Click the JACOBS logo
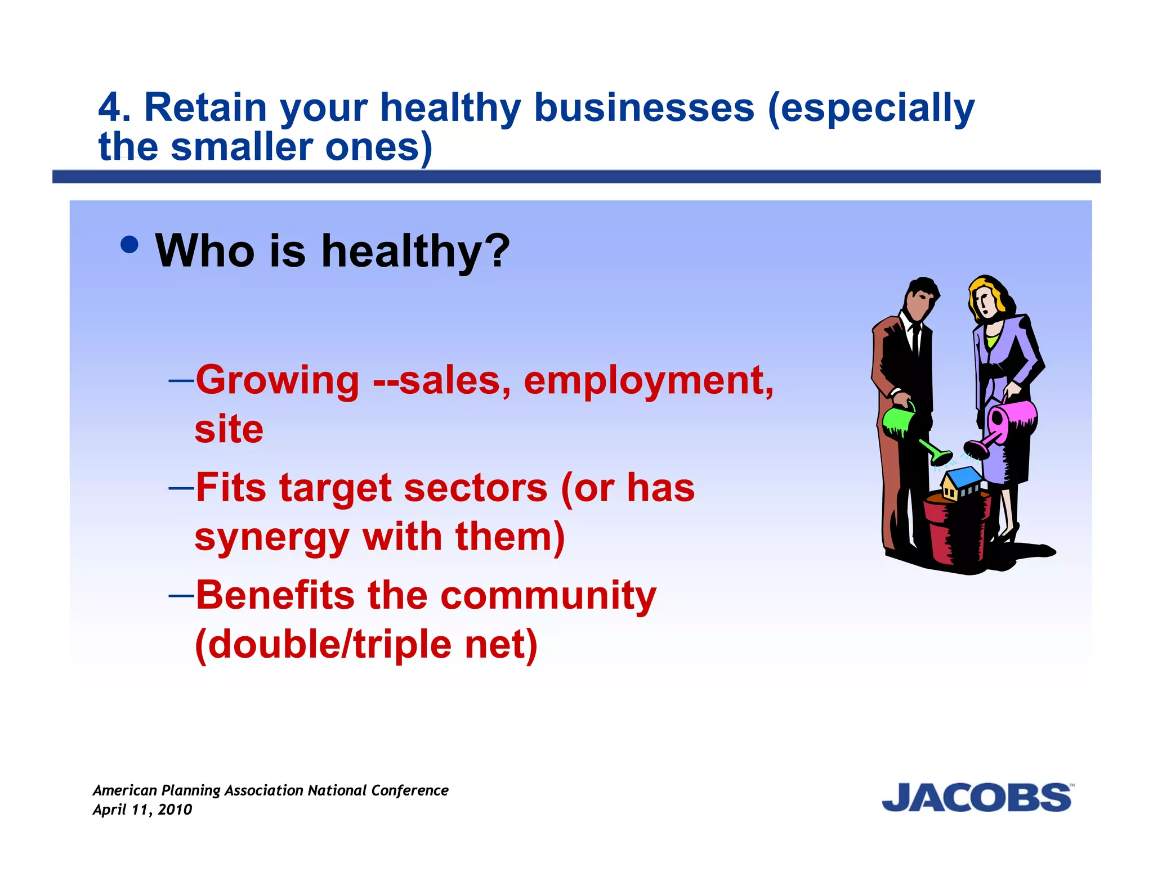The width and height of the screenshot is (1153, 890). pyautogui.click(x=977, y=798)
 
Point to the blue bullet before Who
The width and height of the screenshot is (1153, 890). pyautogui.click(x=130, y=245)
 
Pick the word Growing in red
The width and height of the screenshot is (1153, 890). pyautogui.click(x=278, y=380)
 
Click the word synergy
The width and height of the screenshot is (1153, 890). pyautogui.click(x=272, y=538)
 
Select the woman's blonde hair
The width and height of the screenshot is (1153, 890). pyautogui.click(x=991, y=293)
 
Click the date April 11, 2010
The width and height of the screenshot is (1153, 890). pyautogui.click(x=142, y=810)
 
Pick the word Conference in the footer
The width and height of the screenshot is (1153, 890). pyautogui.click(x=409, y=790)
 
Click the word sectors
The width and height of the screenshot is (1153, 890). pyautogui.click(x=476, y=488)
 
